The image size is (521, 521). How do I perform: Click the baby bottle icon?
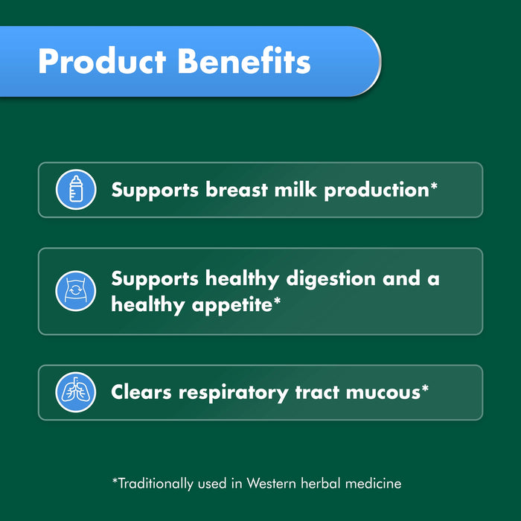[76, 190]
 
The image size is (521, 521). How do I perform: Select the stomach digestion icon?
[76, 291]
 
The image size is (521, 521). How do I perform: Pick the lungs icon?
[76, 392]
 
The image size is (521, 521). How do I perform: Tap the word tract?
[313, 392]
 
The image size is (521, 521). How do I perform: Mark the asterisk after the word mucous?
[425, 388]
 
